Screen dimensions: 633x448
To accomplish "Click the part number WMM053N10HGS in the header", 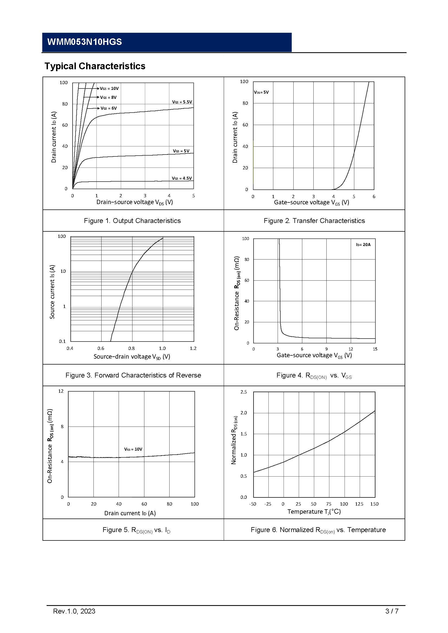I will [x=85, y=42].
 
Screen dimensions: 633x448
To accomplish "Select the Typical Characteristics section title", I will [x=95, y=66].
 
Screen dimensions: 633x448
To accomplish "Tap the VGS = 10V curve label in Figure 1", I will [x=109, y=88].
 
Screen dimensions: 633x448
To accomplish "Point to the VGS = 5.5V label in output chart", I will [x=182, y=102].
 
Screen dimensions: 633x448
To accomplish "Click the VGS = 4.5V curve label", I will [x=182, y=178].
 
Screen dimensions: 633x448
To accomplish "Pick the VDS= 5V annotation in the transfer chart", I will [x=261, y=92].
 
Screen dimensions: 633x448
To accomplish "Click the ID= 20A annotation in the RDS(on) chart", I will [x=363, y=245].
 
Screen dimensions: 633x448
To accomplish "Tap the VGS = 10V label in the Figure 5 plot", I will [x=133, y=449].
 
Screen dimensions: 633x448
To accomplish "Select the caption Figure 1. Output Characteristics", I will [x=132, y=221].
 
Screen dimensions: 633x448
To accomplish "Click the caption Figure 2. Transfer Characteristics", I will [x=314, y=221].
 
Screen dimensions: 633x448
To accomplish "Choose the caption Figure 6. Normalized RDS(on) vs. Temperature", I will [x=318, y=530].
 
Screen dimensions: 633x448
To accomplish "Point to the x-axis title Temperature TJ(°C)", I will [x=314, y=511].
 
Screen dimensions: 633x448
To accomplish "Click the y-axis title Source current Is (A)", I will [x=52, y=292].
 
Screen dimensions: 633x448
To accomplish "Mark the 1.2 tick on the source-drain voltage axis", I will [x=193, y=349].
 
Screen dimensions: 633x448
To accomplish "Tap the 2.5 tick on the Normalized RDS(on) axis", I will [x=244, y=392].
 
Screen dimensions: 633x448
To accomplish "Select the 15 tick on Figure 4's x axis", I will [x=375, y=349].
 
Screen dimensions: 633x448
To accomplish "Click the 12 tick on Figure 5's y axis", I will [x=61, y=391].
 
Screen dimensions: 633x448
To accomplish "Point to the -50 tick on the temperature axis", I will [x=252, y=504].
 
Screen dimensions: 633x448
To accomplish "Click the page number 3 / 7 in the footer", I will [x=392, y=611].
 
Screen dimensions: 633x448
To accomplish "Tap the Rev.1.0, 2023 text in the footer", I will [x=74, y=611].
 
